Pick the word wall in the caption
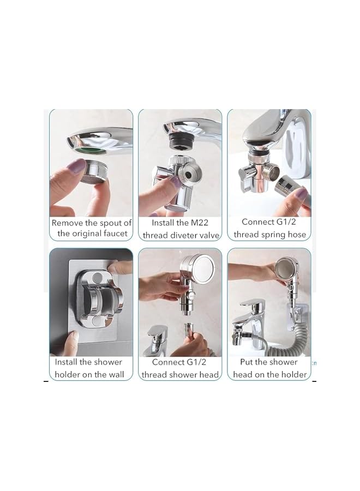pos(116,374)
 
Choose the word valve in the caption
pos(208,236)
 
